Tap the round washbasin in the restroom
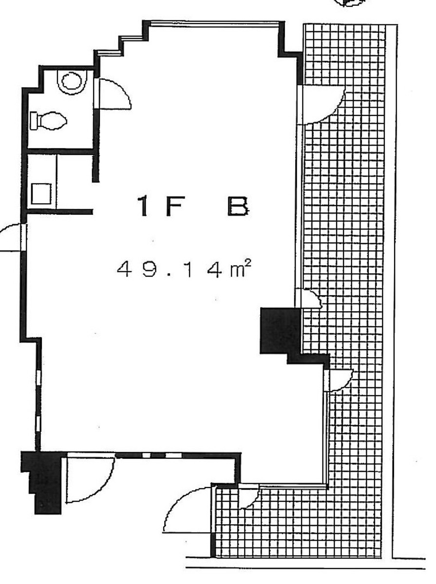click(x=72, y=81)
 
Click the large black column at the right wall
click(x=279, y=330)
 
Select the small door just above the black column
click(x=309, y=299)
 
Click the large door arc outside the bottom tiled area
click(x=188, y=509)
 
